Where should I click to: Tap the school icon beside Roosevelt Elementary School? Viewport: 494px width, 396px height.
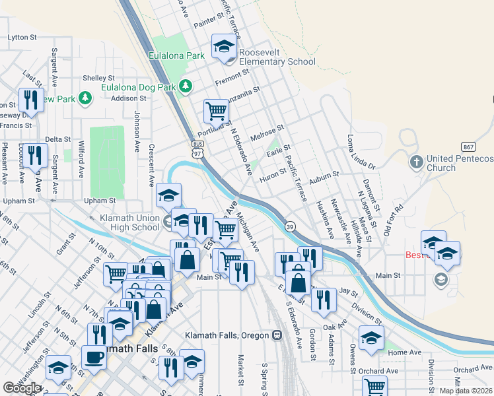[x=224, y=48]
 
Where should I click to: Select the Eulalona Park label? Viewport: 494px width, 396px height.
[x=177, y=56]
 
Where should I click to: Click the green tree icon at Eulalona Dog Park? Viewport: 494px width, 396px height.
[x=186, y=86]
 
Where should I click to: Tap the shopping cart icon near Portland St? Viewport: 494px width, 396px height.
[x=216, y=112]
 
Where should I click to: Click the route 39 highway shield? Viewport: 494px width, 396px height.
[x=289, y=226]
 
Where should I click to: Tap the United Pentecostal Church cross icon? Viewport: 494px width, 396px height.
[x=416, y=161]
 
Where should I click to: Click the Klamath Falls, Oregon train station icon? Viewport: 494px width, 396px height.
[x=277, y=335]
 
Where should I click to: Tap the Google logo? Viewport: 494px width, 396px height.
[x=22, y=388]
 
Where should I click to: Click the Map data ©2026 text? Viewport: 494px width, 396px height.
[x=466, y=391]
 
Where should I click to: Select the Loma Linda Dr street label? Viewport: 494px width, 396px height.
[x=361, y=152]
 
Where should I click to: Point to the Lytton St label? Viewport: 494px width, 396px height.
[x=22, y=38]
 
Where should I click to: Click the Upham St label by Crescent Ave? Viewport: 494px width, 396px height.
[x=100, y=200]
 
